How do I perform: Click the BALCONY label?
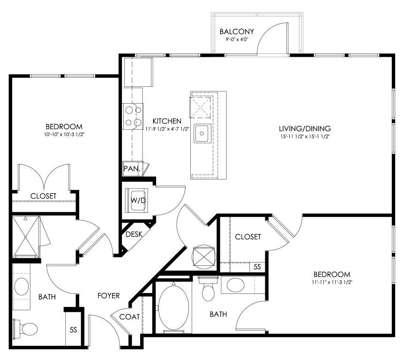point(237,31)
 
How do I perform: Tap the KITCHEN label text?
point(167,121)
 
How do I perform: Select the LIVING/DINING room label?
point(305,128)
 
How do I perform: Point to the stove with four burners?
point(133,116)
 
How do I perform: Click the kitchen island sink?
point(202,133)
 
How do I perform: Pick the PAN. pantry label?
point(132,169)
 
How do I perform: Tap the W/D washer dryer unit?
point(136,201)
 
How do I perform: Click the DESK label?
point(134,234)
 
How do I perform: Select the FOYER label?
point(108,295)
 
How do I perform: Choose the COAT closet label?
point(129,316)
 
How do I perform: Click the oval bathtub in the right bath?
point(173,307)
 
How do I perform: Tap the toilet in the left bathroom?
point(25,329)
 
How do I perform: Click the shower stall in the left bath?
point(26,237)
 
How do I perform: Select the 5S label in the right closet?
point(257,267)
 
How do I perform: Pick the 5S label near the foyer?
point(73,330)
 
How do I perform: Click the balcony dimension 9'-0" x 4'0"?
point(237,40)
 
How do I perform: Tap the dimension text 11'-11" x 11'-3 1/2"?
point(332,282)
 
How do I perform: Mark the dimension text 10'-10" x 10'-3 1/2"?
point(64,135)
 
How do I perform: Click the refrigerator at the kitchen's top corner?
point(138,72)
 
